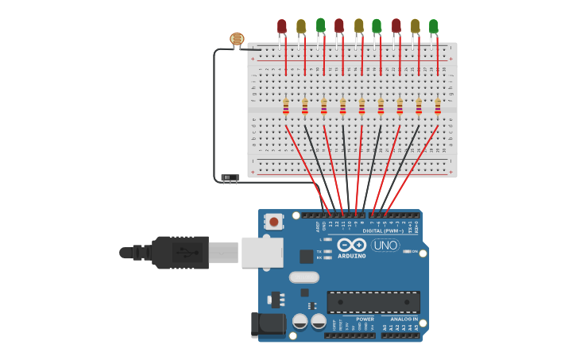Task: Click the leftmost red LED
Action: (x=282, y=26)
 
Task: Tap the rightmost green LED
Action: (x=433, y=26)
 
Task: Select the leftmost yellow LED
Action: (x=301, y=26)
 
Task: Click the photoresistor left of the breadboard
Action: (x=237, y=38)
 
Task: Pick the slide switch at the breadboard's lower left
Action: (x=230, y=177)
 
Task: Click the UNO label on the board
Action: (x=385, y=245)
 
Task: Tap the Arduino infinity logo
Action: (x=351, y=245)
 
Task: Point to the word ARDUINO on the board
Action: (x=351, y=256)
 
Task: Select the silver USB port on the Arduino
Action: (x=261, y=252)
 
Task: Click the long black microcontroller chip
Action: (x=373, y=301)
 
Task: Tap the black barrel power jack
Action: (x=268, y=324)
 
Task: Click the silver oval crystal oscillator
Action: (x=303, y=277)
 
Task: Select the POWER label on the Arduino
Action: (x=365, y=319)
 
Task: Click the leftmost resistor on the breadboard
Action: (x=286, y=106)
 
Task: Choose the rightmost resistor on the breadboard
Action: (x=438, y=106)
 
